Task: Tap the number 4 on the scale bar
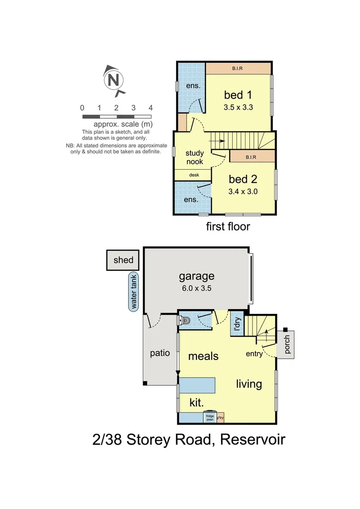click(151, 108)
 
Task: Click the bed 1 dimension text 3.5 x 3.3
click(238, 107)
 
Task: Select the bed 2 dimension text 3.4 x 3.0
click(243, 191)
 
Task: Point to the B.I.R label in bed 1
click(237, 69)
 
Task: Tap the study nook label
click(194, 157)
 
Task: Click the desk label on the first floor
click(194, 175)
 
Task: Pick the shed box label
click(123, 260)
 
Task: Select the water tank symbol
click(134, 292)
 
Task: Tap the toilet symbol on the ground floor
click(185, 320)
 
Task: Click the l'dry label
click(237, 325)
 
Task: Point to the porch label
click(288, 345)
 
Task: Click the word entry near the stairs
click(254, 354)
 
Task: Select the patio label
click(160, 353)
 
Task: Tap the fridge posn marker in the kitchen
click(209, 417)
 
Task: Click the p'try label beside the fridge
click(221, 418)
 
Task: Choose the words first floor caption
click(228, 227)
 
